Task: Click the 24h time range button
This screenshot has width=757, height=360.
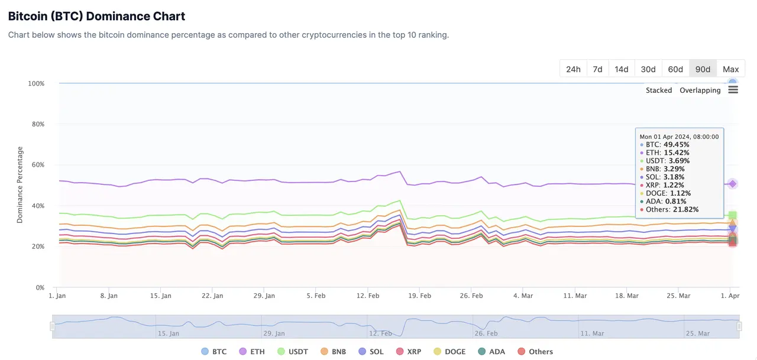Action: coord(573,69)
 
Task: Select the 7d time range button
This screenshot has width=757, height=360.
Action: coord(597,69)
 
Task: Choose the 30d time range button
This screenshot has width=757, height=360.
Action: coord(648,69)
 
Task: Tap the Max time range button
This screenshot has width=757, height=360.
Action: coord(730,69)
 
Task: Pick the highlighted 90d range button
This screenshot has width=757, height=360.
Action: coord(703,69)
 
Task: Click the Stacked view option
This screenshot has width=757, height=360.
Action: coord(659,90)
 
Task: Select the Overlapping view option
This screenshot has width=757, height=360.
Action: coord(700,90)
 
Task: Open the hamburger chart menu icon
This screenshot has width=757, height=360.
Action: coord(733,90)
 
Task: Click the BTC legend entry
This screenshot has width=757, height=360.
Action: coord(213,352)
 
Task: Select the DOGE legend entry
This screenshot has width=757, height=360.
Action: coord(449,352)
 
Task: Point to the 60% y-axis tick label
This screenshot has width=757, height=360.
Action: coord(37,165)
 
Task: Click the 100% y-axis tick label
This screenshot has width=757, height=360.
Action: coord(35,83)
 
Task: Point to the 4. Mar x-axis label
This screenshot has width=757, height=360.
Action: coord(523,296)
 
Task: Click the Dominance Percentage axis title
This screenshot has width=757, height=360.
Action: coord(20,184)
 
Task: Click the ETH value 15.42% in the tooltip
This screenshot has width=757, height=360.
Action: coord(677,153)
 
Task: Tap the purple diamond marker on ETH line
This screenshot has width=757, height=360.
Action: coord(732,184)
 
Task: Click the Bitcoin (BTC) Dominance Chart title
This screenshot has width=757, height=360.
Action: coord(96,17)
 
